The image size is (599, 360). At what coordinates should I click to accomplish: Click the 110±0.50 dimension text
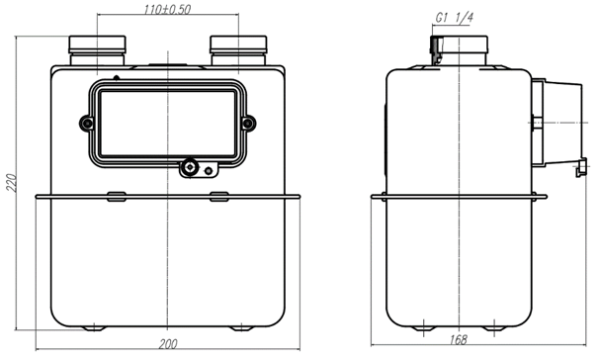click(x=167, y=10)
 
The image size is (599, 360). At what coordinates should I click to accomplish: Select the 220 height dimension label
click(x=12, y=183)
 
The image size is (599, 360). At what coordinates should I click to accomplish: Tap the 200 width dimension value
click(x=168, y=344)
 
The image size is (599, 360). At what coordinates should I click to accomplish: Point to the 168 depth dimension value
click(x=458, y=340)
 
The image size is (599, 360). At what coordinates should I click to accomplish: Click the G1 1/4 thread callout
click(x=455, y=18)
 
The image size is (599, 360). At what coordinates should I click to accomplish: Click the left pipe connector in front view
click(x=97, y=50)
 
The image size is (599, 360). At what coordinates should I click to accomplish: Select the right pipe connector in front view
click(x=238, y=50)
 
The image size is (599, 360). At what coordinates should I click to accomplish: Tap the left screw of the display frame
click(x=87, y=124)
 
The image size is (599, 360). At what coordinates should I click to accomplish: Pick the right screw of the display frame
click(x=248, y=124)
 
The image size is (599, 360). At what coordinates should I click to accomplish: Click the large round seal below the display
click(x=189, y=167)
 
